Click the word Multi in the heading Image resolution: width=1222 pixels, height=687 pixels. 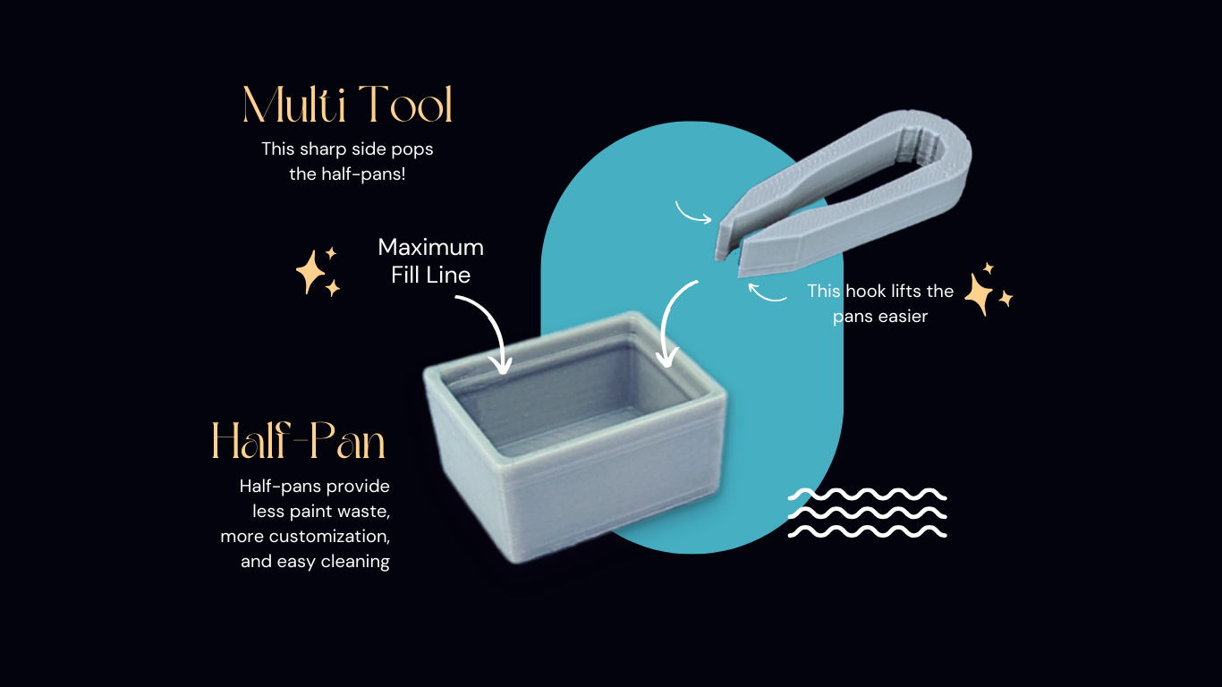[x=294, y=105]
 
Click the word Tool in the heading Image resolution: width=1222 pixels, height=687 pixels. [x=406, y=105]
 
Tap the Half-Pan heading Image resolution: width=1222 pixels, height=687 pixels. [x=299, y=440]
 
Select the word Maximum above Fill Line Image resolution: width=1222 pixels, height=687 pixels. [x=430, y=247]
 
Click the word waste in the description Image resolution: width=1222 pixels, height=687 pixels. [x=364, y=512]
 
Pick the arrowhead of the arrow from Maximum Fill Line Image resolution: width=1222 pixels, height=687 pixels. [x=501, y=364]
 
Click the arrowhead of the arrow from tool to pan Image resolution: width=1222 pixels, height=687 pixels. [x=666, y=358]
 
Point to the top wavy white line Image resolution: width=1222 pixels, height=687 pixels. [x=868, y=495]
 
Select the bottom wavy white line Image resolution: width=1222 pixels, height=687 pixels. [x=868, y=531]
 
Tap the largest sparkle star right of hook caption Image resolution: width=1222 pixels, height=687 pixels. [x=980, y=294]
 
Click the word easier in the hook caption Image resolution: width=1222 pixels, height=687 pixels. [x=903, y=317]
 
